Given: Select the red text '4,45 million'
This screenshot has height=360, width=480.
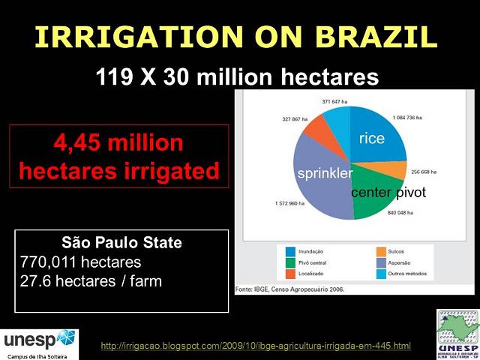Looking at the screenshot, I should point(118,142).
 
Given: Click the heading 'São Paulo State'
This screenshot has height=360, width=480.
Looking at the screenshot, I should point(121,244).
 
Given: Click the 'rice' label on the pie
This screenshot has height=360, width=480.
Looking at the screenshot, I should point(371,138).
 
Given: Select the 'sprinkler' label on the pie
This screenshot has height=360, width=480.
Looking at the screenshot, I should point(325,174).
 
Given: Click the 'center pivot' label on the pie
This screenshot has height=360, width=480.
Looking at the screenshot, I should point(388,193).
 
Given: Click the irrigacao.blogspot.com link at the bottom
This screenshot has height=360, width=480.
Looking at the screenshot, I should point(256,346).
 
